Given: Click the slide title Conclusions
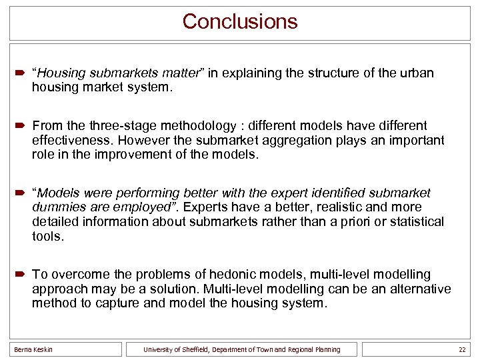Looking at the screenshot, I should point(240,21).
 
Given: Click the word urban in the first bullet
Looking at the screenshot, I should point(417,73).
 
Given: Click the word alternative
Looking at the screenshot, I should point(420,289).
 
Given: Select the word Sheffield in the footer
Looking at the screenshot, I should point(191,349).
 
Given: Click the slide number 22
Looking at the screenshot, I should point(461,349).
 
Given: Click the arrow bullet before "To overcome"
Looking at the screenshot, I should point(21,275).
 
